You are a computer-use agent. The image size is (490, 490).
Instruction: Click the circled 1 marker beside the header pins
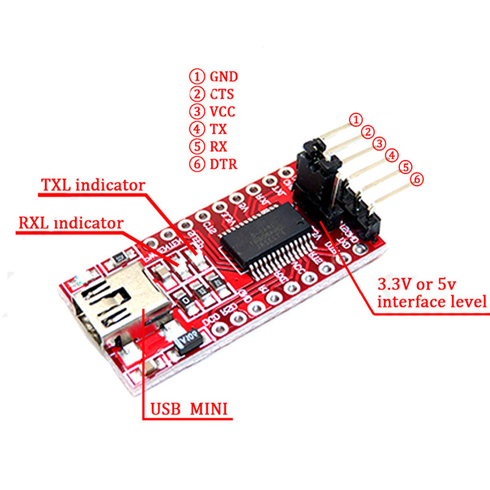tap(354, 119)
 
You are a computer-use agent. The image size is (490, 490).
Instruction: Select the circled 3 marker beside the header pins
tap(380, 143)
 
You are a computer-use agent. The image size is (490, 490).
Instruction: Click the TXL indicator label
tap(92, 185)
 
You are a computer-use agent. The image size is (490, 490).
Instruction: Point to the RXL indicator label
tap(70, 223)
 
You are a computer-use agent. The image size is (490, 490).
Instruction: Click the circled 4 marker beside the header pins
tap(393, 156)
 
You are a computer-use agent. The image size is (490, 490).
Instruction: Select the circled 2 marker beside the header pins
tap(367, 131)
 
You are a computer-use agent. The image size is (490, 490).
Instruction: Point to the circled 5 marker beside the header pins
tap(404, 167)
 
